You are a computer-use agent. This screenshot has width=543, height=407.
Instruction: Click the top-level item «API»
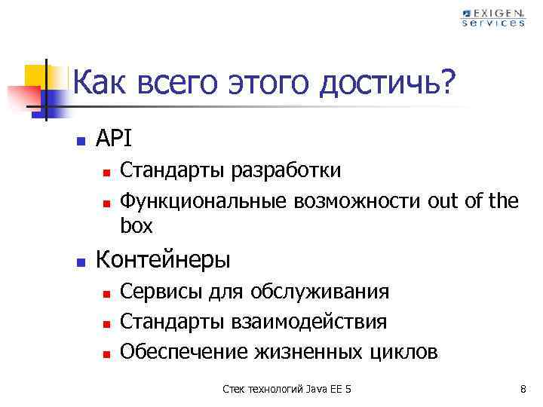pyautogui.click(x=114, y=139)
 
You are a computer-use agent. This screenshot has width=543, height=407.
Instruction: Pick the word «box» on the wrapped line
pyautogui.click(x=137, y=225)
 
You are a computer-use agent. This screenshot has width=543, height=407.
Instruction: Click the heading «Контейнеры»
pyautogui.click(x=164, y=261)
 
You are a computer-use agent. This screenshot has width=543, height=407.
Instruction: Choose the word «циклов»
pyautogui.click(x=403, y=352)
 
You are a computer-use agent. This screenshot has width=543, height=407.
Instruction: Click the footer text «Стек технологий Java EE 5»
pyautogui.click(x=287, y=389)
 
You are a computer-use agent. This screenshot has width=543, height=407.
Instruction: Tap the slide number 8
pyautogui.click(x=523, y=389)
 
